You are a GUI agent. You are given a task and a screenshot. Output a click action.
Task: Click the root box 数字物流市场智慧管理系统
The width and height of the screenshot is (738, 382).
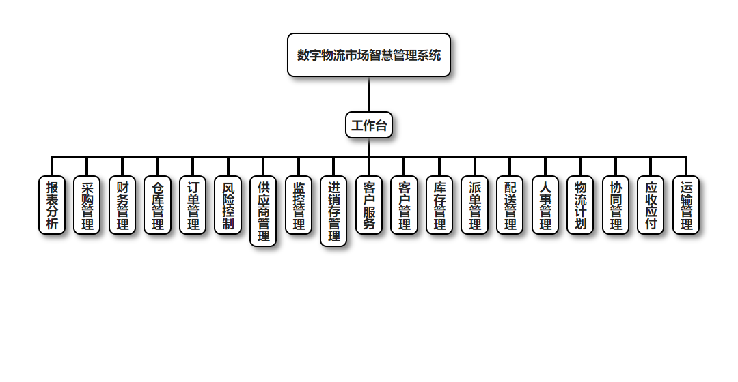(369, 55)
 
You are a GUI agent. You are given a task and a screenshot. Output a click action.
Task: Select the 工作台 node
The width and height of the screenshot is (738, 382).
(369, 126)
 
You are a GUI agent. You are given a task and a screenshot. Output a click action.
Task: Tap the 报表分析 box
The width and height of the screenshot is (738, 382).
(52, 205)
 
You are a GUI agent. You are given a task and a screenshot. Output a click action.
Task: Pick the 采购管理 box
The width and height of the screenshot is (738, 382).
(87, 205)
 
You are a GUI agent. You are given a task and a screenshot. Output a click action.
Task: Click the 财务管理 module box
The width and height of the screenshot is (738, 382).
(123, 205)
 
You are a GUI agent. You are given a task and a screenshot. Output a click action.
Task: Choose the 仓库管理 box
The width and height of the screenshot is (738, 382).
(158, 205)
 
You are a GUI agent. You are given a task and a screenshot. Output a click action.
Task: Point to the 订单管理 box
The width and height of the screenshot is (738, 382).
(193, 205)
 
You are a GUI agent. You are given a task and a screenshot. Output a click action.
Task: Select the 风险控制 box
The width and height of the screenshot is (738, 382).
(228, 205)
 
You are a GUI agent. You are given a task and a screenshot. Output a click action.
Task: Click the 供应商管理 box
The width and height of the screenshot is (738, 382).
(264, 211)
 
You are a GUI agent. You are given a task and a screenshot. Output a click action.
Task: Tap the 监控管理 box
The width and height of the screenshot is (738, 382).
(299, 205)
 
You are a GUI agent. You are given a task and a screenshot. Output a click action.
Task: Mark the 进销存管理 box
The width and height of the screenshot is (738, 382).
(334, 211)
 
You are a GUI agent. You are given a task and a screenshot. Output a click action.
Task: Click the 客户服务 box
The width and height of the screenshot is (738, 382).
(369, 205)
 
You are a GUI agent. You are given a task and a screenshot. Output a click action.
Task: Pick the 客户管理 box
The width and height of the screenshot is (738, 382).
(405, 205)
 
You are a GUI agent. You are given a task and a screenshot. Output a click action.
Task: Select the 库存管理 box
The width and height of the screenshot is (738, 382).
(439, 205)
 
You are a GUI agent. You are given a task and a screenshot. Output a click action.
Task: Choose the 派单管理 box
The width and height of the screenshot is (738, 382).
(475, 205)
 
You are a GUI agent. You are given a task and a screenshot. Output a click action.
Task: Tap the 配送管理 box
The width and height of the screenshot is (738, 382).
(510, 205)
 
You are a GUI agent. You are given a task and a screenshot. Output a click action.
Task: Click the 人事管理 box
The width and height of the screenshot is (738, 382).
(545, 205)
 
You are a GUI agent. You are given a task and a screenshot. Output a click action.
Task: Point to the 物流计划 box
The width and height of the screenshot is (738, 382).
(581, 205)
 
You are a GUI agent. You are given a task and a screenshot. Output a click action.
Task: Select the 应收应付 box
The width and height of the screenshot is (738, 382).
(651, 205)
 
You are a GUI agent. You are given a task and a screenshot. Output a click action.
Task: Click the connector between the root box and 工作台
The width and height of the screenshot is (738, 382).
(369, 95)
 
